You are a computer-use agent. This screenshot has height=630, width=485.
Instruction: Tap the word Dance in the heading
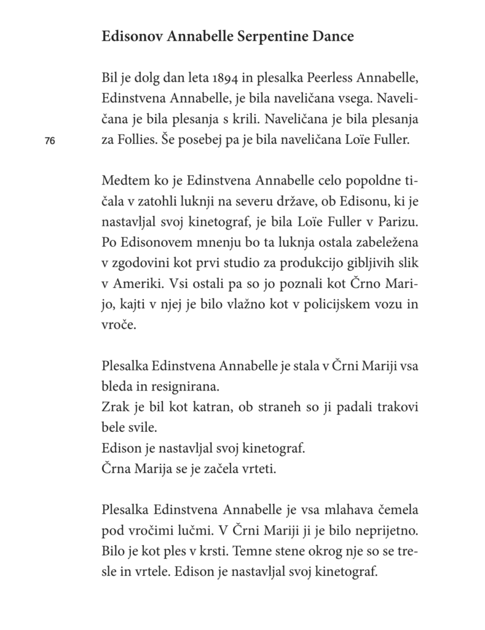(333, 37)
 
